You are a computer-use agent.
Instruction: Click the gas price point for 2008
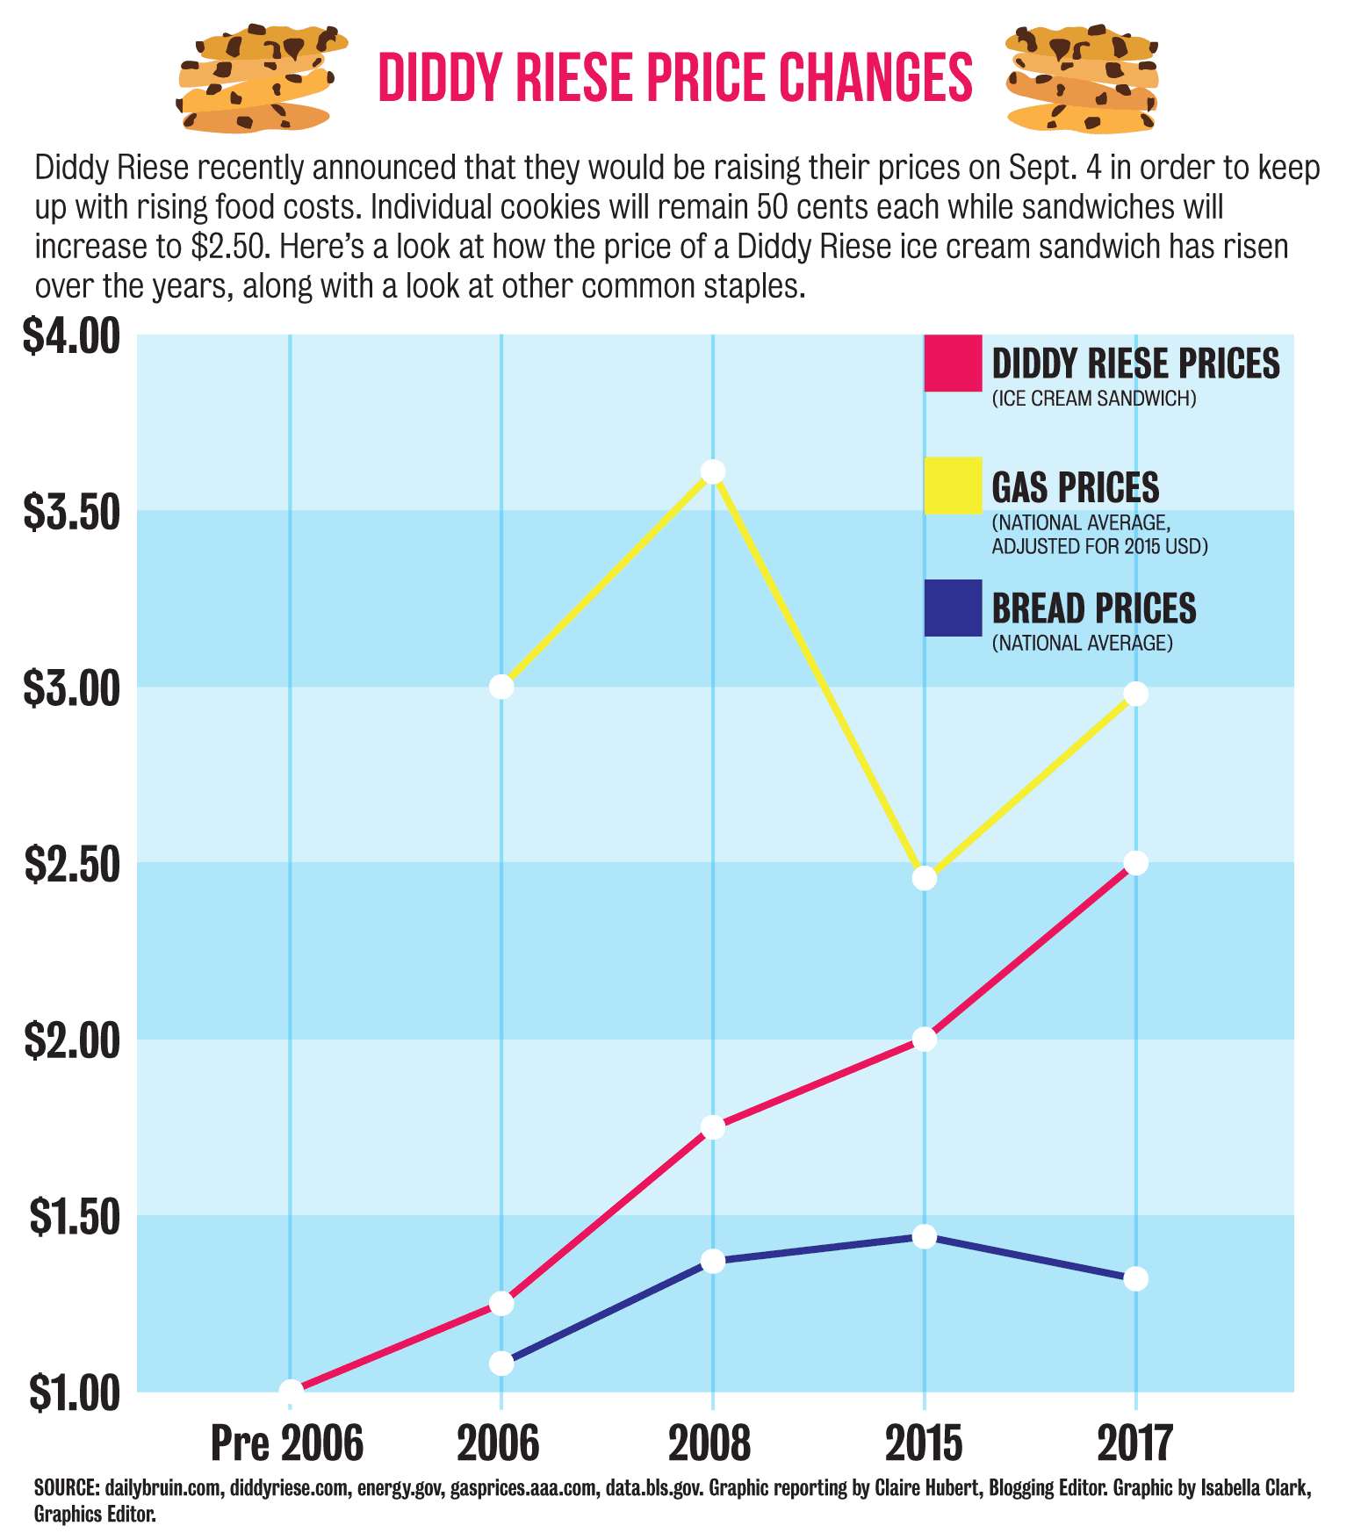(x=713, y=471)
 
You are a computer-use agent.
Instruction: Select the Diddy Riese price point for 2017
(x=1135, y=862)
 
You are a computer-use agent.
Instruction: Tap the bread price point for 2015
(x=924, y=1236)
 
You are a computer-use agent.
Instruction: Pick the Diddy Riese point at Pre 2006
(x=291, y=1391)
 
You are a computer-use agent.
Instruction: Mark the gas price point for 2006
(x=500, y=686)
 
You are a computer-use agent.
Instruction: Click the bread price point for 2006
(x=500, y=1364)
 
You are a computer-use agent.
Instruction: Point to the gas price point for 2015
(x=924, y=877)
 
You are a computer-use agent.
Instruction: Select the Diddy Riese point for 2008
(x=713, y=1126)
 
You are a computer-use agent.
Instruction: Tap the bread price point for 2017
(x=1135, y=1278)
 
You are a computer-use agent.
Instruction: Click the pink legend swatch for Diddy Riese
(x=953, y=363)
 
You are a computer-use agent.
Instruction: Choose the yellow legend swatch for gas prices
(x=953, y=486)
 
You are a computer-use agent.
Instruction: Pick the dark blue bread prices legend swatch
(x=953, y=608)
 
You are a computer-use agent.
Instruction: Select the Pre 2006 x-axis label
(x=287, y=1443)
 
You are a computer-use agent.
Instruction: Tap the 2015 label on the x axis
(x=924, y=1443)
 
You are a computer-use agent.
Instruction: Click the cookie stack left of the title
(x=261, y=79)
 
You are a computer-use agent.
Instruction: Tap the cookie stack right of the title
(x=1081, y=79)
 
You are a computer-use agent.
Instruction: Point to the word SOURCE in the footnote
(x=66, y=1488)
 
